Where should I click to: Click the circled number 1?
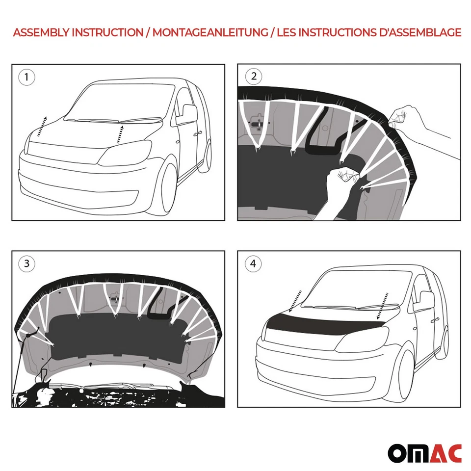(26, 77)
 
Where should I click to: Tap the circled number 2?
(253, 76)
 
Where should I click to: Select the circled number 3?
(26, 263)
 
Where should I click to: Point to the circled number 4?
(253, 264)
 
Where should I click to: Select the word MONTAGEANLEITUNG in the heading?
(210, 33)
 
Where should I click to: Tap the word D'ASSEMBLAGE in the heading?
(419, 33)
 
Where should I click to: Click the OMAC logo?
(424, 453)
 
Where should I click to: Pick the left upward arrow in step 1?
(41, 127)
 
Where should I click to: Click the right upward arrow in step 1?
(119, 134)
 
